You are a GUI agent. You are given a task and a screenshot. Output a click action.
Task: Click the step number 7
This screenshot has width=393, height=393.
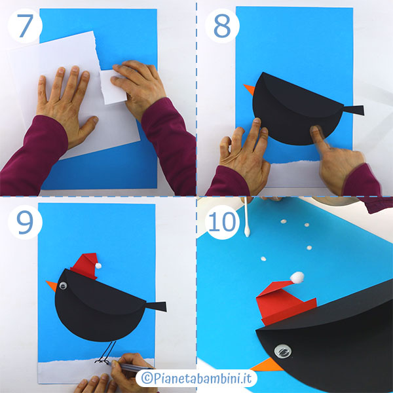click(25, 26)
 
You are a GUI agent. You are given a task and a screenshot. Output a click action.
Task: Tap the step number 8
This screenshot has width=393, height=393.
click(222, 26)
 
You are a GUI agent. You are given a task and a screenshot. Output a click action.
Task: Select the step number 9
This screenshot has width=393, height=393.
click(25, 222)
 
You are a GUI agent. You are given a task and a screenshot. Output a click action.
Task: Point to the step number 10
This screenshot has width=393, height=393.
click(222, 222)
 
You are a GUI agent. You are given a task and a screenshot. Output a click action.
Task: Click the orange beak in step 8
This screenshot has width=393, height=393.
click(250, 89)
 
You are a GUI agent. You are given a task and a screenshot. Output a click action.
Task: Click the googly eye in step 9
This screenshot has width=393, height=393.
click(63, 285)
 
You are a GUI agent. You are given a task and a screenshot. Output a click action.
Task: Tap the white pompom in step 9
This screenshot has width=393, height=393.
click(98, 265)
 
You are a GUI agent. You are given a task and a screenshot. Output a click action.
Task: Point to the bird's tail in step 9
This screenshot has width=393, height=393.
click(157, 307)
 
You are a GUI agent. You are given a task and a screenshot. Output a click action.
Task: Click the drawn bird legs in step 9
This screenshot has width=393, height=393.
click(105, 352)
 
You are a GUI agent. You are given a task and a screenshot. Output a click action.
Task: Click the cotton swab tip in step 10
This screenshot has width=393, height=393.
click(247, 232)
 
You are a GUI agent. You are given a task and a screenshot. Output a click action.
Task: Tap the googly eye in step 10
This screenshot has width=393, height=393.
click(283, 351)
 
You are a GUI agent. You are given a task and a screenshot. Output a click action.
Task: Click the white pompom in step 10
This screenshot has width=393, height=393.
click(297, 278)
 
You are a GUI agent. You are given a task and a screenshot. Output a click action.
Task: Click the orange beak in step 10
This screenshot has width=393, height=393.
click(267, 365)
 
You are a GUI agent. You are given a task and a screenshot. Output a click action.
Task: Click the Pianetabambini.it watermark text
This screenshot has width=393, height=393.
click(196, 378)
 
